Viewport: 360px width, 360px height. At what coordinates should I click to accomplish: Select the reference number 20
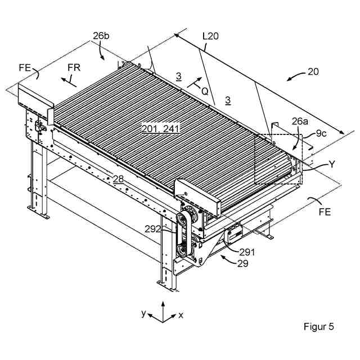click(313, 72)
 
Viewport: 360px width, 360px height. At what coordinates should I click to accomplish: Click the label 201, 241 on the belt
click(160, 129)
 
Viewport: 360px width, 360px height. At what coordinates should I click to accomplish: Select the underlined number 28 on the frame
click(118, 179)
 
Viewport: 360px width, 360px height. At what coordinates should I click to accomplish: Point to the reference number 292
click(153, 229)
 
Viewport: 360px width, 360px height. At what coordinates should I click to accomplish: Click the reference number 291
click(247, 252)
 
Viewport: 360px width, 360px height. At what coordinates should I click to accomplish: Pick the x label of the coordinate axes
click(181, 316)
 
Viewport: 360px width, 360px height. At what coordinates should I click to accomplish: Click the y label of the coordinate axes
click(144, 313)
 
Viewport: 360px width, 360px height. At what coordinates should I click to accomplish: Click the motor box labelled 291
click(232, 232)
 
